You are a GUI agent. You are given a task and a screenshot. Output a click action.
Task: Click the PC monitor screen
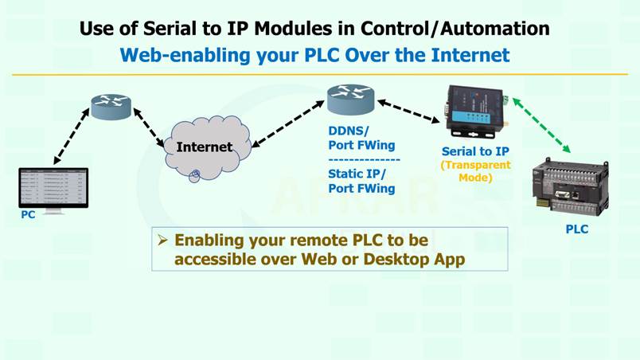[x=53, y=188]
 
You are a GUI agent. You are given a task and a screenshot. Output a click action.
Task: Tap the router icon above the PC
[x=111, y=107]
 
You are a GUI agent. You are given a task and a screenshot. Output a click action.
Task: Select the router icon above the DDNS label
[x=350, y=100]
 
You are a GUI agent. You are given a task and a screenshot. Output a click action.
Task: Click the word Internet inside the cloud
[x=205, y=147]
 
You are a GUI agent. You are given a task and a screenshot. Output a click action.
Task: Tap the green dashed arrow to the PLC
[x=541, y=125]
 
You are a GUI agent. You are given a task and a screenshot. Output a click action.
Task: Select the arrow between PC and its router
[x=72, y=136]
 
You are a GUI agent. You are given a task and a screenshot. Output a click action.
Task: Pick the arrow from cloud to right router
[x=287, y=124]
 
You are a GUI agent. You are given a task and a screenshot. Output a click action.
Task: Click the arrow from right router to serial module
[x=408, y=111]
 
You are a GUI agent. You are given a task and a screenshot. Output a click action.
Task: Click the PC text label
[x=28, y=215]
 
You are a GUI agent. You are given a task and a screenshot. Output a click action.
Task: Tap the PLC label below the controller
[x=577, y=229]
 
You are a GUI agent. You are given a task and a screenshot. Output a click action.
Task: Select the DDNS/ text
[x=349, y=131]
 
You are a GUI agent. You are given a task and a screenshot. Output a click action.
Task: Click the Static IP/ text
[x=357, y=174]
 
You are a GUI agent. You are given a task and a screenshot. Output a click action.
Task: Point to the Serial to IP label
[x=475, y=151]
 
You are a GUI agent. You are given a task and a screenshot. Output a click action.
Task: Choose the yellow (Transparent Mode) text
[x=475, y=171]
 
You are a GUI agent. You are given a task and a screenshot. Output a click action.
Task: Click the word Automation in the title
[x=495, y=29]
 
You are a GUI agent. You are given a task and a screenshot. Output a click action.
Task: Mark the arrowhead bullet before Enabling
[x=163, y=240]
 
